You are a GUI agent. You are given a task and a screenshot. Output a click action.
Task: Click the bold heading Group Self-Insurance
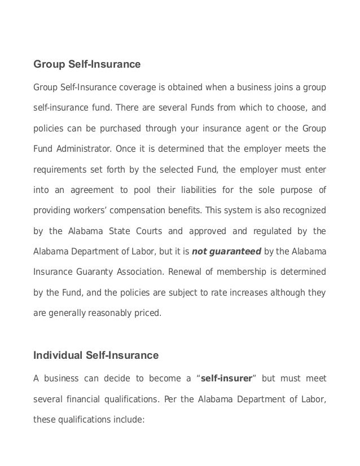87,65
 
